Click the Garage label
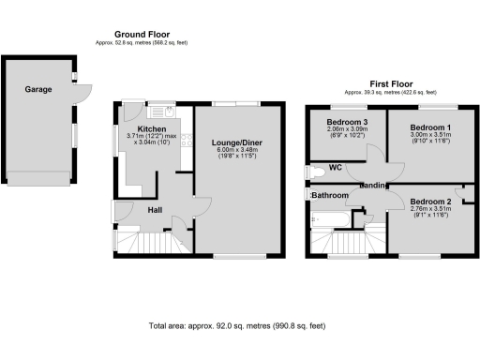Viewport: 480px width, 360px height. (38, 90)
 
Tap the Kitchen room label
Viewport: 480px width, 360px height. (152, 128)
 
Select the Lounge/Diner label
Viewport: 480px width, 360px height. (236, 141)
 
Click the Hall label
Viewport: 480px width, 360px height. (155, 209)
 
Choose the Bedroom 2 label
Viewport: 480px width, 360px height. (431, 202)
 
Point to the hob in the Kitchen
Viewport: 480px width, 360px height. (188, 141)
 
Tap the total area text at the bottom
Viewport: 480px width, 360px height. (239, 326)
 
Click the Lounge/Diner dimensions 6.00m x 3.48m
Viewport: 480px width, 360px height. (236, 150)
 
